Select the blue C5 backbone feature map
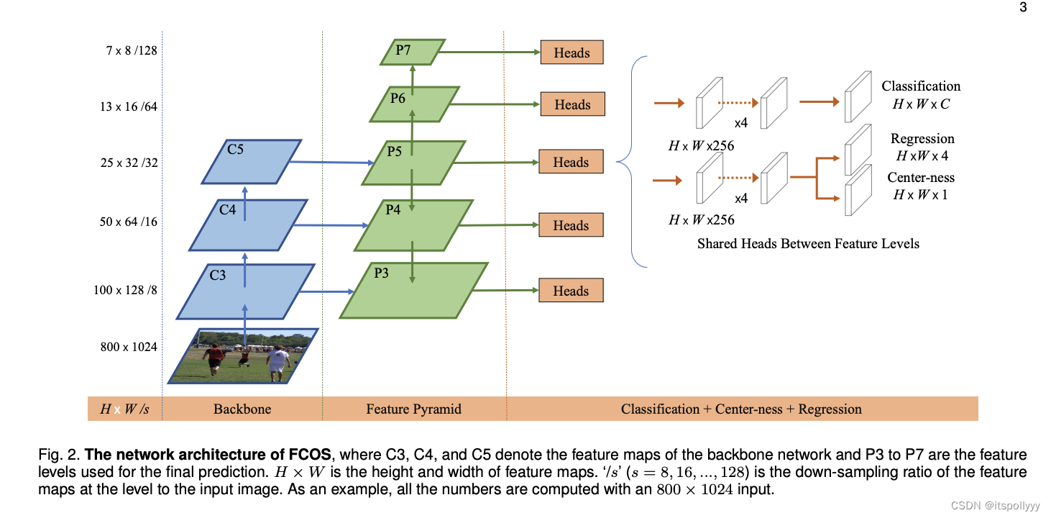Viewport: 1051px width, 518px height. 251,162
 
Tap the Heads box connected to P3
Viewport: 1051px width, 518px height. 571,291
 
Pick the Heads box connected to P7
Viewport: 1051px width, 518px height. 572,53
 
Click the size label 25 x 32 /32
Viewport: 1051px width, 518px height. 129,163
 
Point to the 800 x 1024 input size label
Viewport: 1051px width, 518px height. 129,347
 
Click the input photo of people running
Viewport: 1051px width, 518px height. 243,355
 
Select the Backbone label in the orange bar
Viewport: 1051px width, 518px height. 242,409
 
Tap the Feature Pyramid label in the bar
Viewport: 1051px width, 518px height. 413,409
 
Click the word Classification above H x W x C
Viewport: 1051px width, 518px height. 921,86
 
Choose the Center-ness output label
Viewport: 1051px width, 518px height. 921,178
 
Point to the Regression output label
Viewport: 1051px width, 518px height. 922,139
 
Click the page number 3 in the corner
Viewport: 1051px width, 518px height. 1023,8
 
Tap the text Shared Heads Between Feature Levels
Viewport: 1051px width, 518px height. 808,243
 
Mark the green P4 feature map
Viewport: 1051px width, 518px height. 414,225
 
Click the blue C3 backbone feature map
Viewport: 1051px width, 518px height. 245,291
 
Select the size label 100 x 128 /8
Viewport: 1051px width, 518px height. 125,290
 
